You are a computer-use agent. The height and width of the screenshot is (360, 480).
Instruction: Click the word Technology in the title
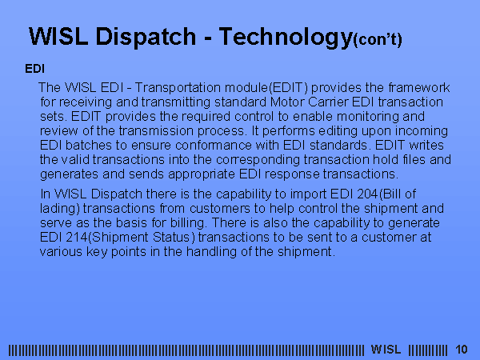(286, 38)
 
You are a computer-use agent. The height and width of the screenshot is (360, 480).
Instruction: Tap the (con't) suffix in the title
(378, 40)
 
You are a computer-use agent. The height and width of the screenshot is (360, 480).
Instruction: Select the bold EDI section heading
(35, 69)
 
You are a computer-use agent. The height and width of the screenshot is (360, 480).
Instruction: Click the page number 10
(462, 350)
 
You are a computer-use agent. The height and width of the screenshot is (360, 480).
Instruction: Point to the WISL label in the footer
(386, 350)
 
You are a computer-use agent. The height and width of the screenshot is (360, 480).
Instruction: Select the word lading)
(60, 209)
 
